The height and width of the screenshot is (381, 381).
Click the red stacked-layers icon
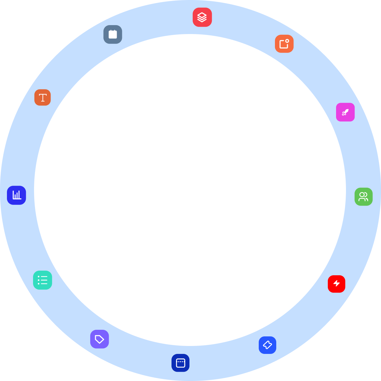(x=202, y=17)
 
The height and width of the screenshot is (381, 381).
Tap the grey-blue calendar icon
(x=113, y=34)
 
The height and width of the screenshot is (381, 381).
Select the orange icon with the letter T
(x=43, y=97)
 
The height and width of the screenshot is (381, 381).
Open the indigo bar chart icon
(x=17, y=195)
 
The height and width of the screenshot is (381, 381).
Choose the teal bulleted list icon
(x=43, y=280)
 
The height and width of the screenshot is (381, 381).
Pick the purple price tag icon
(x=99, y=339)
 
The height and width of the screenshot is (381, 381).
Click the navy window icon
(x=180, y=363)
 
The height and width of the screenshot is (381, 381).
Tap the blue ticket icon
(x=267, y=345)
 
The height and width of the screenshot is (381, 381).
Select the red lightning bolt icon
(x=336, y=284)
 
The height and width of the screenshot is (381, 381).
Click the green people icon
(x=363, y=197)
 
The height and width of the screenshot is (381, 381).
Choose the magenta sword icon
(x=345, y=112)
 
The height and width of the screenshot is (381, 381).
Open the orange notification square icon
(x=284, y=44)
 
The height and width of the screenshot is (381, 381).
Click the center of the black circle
(x=190, y=190)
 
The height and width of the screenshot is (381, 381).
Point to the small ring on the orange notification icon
(x=287, y=41)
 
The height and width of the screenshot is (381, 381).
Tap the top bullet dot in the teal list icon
(x=39, y=277)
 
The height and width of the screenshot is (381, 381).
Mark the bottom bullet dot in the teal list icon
(x=39, y=284)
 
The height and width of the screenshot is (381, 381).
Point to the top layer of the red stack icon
(x=202, y=15)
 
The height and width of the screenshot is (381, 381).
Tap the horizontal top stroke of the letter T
(x=43, y=95)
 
